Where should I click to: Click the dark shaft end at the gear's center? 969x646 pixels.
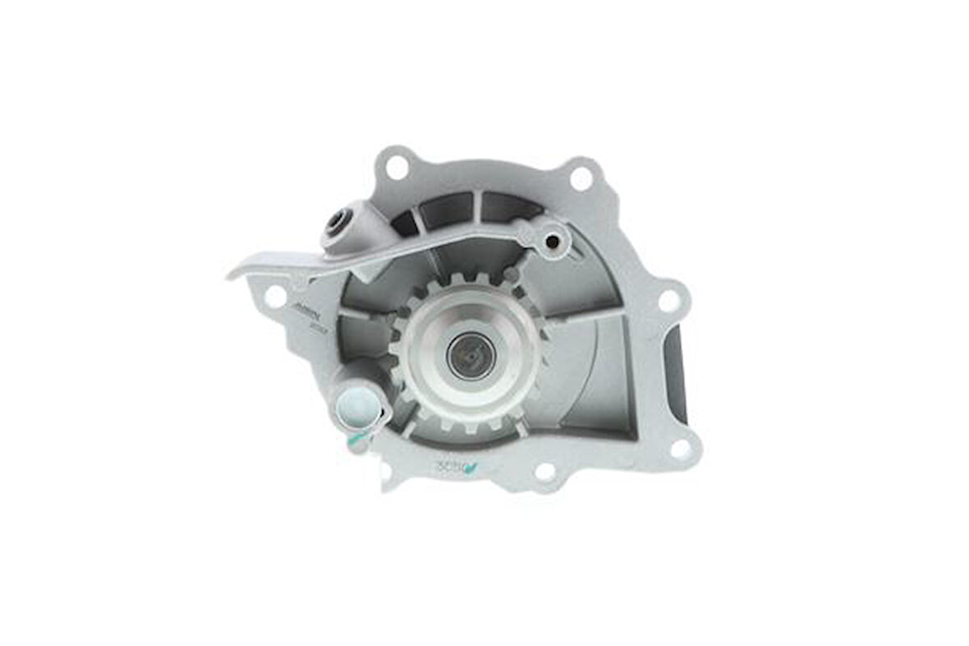click(x=471, y=358)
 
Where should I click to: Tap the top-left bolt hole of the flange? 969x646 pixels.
click(x=396, y=168)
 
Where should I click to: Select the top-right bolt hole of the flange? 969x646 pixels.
click(x=581, y=178)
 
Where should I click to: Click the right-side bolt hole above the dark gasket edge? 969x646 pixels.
click(x=669, y=301)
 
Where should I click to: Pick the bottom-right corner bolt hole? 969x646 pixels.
click(x=681, y=448)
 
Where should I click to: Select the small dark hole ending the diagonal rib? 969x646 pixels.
click(x=552, y=241)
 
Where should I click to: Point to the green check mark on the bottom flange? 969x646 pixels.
click(x=471, y=469)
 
